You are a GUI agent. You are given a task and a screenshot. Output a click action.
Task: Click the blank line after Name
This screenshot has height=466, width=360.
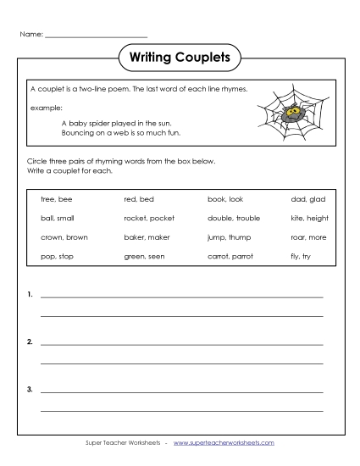click(96, 36)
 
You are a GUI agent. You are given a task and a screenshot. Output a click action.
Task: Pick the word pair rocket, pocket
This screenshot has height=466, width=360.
click(149, 219)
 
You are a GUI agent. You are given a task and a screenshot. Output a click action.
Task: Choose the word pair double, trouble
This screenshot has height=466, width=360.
click(234, 219)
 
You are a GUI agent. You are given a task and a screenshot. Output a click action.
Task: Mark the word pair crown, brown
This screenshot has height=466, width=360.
click(64, 237)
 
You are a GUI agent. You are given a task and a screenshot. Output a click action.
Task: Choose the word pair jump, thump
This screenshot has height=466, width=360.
click(229, 237)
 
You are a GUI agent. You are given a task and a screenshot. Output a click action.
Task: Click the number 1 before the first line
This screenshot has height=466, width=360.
click(30, 296)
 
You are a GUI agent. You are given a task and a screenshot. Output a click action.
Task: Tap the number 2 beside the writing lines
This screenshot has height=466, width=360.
click(30, 342)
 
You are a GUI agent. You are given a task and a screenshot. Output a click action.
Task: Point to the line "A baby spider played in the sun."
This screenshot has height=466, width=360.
click(116, 122)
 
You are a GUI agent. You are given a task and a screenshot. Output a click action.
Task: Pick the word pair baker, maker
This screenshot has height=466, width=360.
click(147, 237)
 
